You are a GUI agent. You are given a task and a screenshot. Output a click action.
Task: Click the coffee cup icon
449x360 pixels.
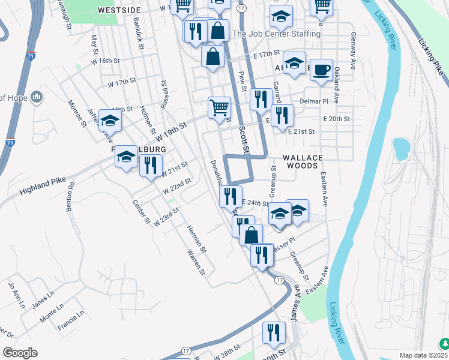321,70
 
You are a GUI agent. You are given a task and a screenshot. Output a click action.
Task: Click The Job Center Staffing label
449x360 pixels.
276,34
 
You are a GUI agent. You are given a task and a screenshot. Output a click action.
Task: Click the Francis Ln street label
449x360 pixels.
71,322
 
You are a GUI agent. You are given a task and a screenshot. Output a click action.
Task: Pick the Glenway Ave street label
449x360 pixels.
354,50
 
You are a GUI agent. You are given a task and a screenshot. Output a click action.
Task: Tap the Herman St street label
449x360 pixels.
196,239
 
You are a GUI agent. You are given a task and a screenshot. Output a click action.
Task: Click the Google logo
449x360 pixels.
20,353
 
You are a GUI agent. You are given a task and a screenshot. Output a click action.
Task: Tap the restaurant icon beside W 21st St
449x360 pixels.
151,165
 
